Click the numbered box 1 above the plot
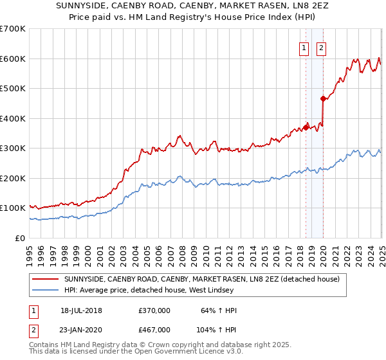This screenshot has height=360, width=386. tap(303, 46)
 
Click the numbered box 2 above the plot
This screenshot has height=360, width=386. tap(320, 46)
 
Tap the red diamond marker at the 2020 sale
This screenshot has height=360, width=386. tap(323, 98)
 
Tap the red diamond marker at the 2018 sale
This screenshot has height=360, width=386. tap(306, 127)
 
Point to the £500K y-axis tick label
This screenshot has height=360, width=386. tap(13, 88)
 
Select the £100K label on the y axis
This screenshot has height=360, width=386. tap(13, 208)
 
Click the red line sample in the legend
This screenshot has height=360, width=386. tap(45, 279)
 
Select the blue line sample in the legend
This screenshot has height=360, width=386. tap(45, 291)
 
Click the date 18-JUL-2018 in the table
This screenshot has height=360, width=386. tap(81, 310)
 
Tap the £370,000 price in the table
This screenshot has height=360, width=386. tap(154, 310)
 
